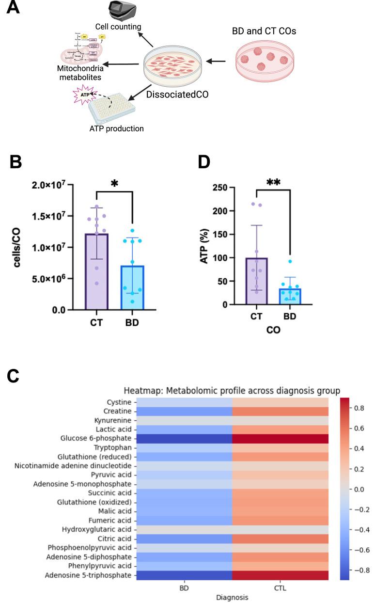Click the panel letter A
pyautogui.click(x=13, y=8)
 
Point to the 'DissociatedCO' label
pyautogui.click(x=178, y=94)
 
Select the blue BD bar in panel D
pyautogui.click(x=290, y=296)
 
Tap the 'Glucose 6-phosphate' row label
pyautogui.click(x=100, y=439)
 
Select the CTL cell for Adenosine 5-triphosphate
pyautogui.click(x=281, y=575)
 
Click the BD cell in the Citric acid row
pyautogui.click(x=185, y=539)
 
